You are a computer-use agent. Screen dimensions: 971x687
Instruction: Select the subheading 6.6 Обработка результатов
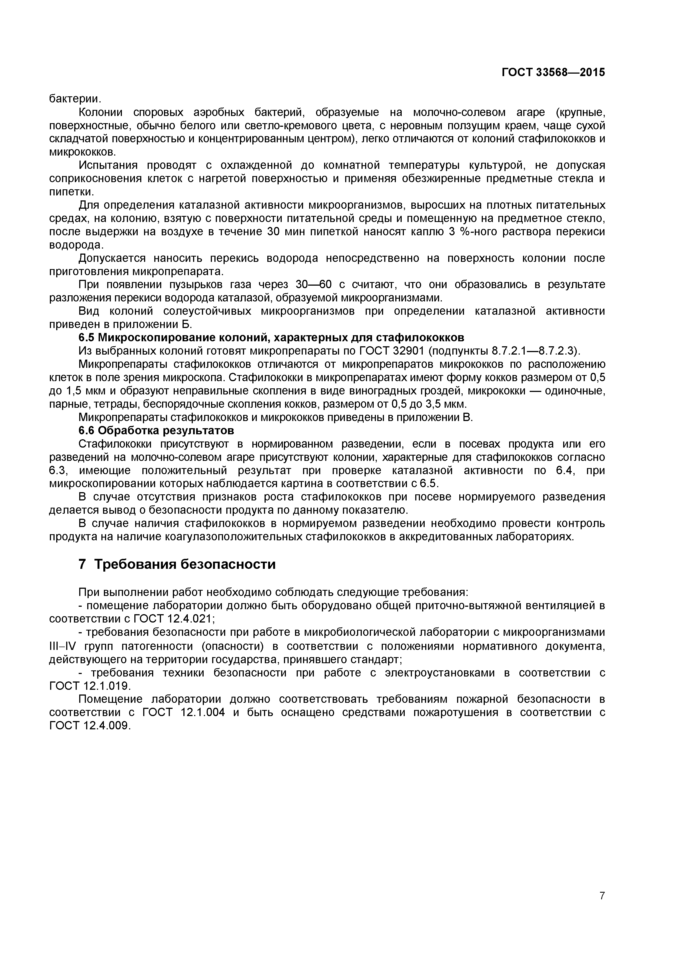pos(156,430)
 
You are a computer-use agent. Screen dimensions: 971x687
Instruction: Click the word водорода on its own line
pos(76,245)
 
